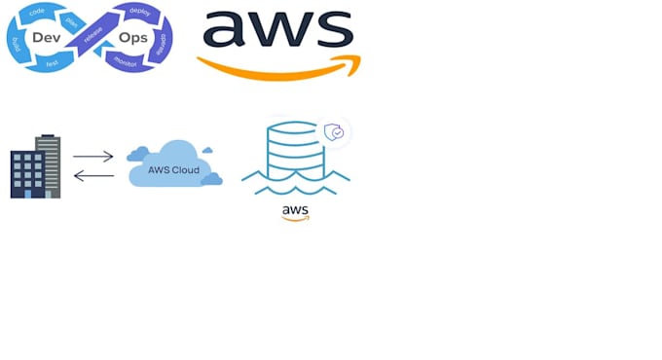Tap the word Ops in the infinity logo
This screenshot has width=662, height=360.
click(x=132, y=37)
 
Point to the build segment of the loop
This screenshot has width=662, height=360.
click(x=17, y=44)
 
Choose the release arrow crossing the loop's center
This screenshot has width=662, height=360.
click(x=92, y=37)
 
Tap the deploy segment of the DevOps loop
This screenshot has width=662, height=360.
click(x=140, y=11)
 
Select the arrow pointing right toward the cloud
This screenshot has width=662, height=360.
click(x=93, y=156)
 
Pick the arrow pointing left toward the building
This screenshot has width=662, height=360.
click(x=93, y=176)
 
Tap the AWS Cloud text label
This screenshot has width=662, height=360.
click(x=173, y=169)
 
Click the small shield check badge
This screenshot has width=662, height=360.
click(x=333, y=132)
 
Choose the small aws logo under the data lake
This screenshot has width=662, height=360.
click(x=295, y=212)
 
